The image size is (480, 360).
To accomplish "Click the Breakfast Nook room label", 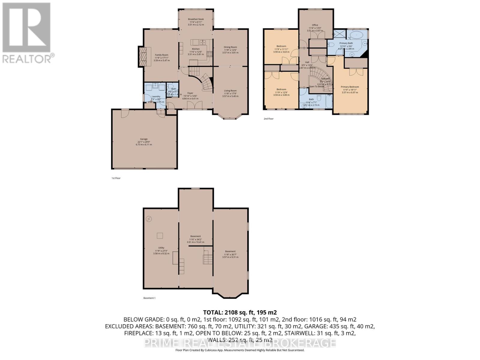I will pyautogui.click(x=196, y=19).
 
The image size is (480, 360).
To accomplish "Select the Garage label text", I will pyautogui.click(x=144, y=139).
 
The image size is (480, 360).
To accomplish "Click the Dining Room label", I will pyautogui.click(x=230, y=47).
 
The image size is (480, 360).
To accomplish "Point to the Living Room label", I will pyautogui.click(x=230, y=91).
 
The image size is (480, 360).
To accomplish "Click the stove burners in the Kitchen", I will pyautogui.click(x=210, y=54).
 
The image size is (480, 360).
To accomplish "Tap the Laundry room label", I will pyautogui.click(x=156, y=97).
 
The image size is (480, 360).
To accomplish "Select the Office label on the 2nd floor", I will pyautogui.click(x=315, y=25).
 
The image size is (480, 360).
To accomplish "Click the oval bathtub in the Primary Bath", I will pyautogui.click(x=356, y=35).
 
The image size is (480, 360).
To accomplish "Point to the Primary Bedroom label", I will pyautogui.click(x=349, y=87).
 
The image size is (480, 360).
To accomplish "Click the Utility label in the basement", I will pyautogui.click(x=161, y=248).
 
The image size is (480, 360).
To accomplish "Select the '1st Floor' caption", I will pyautogui.click(x=116, y=178).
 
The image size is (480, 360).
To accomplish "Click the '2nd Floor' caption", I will pyautogui.click(x=268, y=119).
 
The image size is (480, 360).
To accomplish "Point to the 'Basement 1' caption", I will pyautogui.click(x=149, y=298).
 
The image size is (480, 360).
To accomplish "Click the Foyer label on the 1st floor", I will pyautogui.click(x=190, y=93).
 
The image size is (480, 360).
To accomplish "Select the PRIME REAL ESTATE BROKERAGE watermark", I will pyautogui.click(x=240, y=343).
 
